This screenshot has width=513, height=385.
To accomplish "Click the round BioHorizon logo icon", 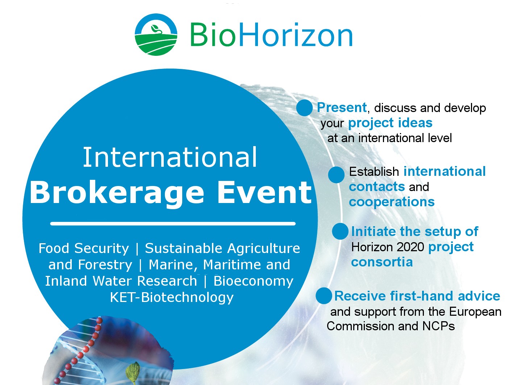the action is click(156, 34).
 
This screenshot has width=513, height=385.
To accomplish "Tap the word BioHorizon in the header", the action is click(271, 35).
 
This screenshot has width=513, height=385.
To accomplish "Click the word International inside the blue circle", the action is click(170, 157).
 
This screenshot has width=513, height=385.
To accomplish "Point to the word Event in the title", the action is click(264, 192).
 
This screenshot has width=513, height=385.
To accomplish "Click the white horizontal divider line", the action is click(173, 224).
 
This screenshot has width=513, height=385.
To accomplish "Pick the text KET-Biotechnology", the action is click(172, 297).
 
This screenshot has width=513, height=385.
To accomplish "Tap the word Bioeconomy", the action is click(253, 281).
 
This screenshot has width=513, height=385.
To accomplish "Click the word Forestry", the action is click(105, 265).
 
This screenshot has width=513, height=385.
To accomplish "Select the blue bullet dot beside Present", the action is click(304, 108).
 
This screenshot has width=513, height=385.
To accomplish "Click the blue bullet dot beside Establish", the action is click(336, 175).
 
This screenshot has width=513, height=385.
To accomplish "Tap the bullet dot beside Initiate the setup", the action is click(340, 231).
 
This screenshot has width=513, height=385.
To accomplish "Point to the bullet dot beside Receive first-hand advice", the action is click(324, 296).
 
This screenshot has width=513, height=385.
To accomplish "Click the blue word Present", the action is click(342, 108).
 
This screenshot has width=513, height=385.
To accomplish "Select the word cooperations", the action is click(392, 202).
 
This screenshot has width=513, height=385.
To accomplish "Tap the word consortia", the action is click(382, 262).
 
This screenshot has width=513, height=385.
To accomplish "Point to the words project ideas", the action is click(390, 123).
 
